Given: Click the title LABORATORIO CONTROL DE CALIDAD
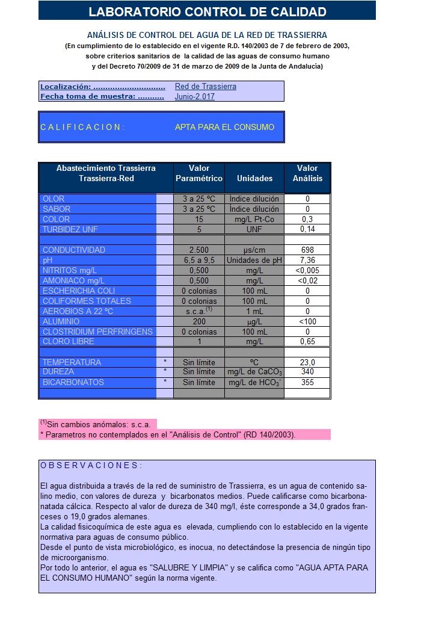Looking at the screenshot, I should [207, 11].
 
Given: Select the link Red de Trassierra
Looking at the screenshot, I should [205, 87].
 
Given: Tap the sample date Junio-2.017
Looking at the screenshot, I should [194, 96].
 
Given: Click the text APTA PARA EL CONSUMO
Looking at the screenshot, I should [224, 127].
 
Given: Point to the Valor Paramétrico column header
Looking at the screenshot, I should [199, 173].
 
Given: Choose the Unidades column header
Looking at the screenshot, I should [254, 178].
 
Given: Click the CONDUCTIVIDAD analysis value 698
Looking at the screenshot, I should [307, 250].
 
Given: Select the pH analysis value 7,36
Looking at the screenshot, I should [307, 260].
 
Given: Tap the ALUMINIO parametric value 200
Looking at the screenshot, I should [199, 321].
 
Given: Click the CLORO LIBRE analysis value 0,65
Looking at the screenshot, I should [307, 342].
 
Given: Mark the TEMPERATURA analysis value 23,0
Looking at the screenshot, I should [307, 362].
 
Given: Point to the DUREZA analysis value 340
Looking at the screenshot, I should [307, 372].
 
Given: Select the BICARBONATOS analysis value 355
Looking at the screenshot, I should [307, 382].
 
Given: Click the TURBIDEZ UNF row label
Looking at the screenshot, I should [70, 229].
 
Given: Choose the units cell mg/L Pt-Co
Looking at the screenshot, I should [254, 219].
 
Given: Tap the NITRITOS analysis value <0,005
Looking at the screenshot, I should [307, 270].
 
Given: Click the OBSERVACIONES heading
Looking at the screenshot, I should [91, 466].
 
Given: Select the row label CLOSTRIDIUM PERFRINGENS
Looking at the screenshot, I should [97, 332].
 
